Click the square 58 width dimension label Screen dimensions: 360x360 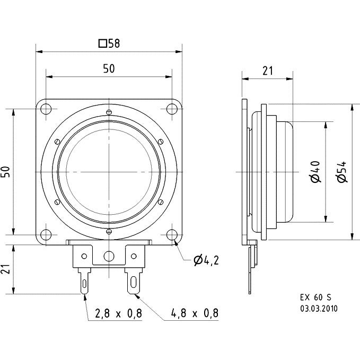(x=109, y=43)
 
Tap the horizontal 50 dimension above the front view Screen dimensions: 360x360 (x=109, y=68)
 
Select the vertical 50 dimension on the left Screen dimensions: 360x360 (x=7, y=172)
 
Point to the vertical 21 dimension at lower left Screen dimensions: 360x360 (x=7, y=269)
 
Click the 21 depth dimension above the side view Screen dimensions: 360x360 (x=268, y=71)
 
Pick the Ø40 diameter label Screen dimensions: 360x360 (x=315, y=172)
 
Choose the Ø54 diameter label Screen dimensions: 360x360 (x=341, y=172)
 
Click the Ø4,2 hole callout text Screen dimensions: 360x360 (x=206, y=260)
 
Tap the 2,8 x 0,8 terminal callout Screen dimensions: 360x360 (x=118, y=313)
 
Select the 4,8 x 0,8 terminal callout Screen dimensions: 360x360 (x=195, y=313)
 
